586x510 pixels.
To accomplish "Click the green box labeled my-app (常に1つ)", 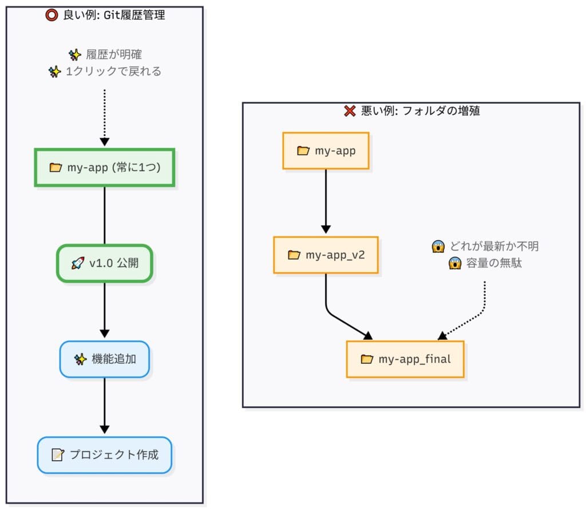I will (x=104, y=168).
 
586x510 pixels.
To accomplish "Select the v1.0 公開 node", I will (x=104, y=264).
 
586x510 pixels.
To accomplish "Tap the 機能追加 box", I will (x=104, y=359).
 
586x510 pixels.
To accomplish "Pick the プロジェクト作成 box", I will (x=104, y=455).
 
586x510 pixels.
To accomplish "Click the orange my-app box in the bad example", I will (x=326, y=151).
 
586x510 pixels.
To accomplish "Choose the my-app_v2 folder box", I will (x=326, y=255).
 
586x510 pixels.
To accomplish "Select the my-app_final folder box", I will (x=405, y=359).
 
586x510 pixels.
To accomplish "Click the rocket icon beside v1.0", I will (x=77, y=264).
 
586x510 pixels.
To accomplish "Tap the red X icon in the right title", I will (x=350, y=111).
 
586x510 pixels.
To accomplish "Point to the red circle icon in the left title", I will (x=51, y=15).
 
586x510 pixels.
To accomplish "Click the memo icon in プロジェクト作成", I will (x=57, y=455).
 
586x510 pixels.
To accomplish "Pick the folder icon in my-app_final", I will (x=367, y=359).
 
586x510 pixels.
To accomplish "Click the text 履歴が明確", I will (x=114, y=55).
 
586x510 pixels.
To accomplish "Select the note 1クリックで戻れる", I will (x=113, y=72).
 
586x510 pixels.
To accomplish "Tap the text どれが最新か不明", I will (x=494, y=246).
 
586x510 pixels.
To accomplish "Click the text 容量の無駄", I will (x=493, y=264).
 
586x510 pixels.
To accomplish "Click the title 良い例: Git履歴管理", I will (x=113, y=15).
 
